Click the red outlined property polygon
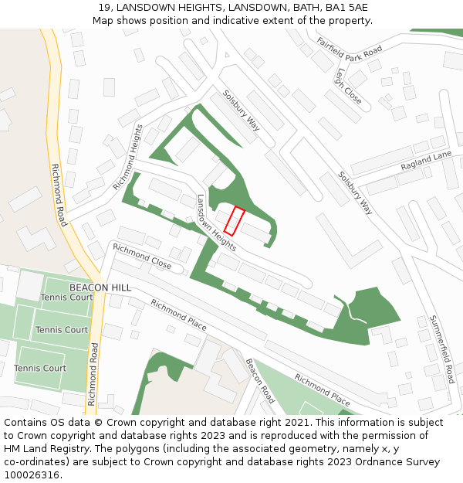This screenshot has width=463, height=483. [x=235, y=221]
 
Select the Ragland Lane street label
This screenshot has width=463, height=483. [x=426, y=162]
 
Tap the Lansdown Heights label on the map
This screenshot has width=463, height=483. [x=215, y=216]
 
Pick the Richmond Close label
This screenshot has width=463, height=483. [x=142, y=257]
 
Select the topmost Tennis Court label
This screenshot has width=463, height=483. [x=66, y=298]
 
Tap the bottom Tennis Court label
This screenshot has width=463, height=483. [x=40, y=368]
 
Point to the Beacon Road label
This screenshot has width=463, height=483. [x=260, y=380]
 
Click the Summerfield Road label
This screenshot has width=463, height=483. [x=441, y=349]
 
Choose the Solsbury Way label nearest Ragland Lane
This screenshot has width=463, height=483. [x=355, y=192]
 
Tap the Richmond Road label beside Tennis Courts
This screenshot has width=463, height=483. [x=92, y=374]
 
